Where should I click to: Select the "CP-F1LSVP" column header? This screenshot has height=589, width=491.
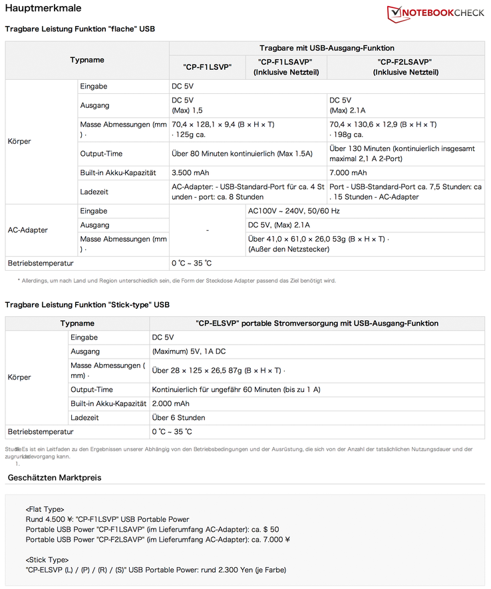pos(208,67)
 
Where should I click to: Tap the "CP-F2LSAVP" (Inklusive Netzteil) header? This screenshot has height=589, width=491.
pos(406,67)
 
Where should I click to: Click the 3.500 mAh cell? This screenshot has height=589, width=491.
pos(190,172)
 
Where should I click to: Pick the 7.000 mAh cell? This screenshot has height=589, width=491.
pos(348,172)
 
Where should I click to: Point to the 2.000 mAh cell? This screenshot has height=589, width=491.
pos(170,403)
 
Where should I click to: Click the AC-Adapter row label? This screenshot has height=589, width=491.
pos(27,230)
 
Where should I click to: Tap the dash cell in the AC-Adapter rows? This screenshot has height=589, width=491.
pos(208,230)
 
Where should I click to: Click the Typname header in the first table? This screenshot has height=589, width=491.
pos(87,60)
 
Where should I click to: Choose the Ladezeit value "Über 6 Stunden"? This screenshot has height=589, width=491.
pos(178,417)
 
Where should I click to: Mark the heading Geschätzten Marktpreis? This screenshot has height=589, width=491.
pos(55,478)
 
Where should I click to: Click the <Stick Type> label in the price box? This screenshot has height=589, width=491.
pos(47,560)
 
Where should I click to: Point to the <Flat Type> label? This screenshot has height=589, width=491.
pos(45,509)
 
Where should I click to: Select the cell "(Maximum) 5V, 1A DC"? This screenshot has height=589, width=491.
pos(189,351)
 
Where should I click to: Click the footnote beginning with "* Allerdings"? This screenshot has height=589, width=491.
pos(177,280)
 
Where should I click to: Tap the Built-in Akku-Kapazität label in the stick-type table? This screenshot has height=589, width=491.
pos(108,403)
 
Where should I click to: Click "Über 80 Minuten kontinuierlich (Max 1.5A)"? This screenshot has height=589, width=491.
pos(242,154)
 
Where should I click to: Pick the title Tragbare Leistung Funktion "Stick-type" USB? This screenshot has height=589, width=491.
pos(87,305)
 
